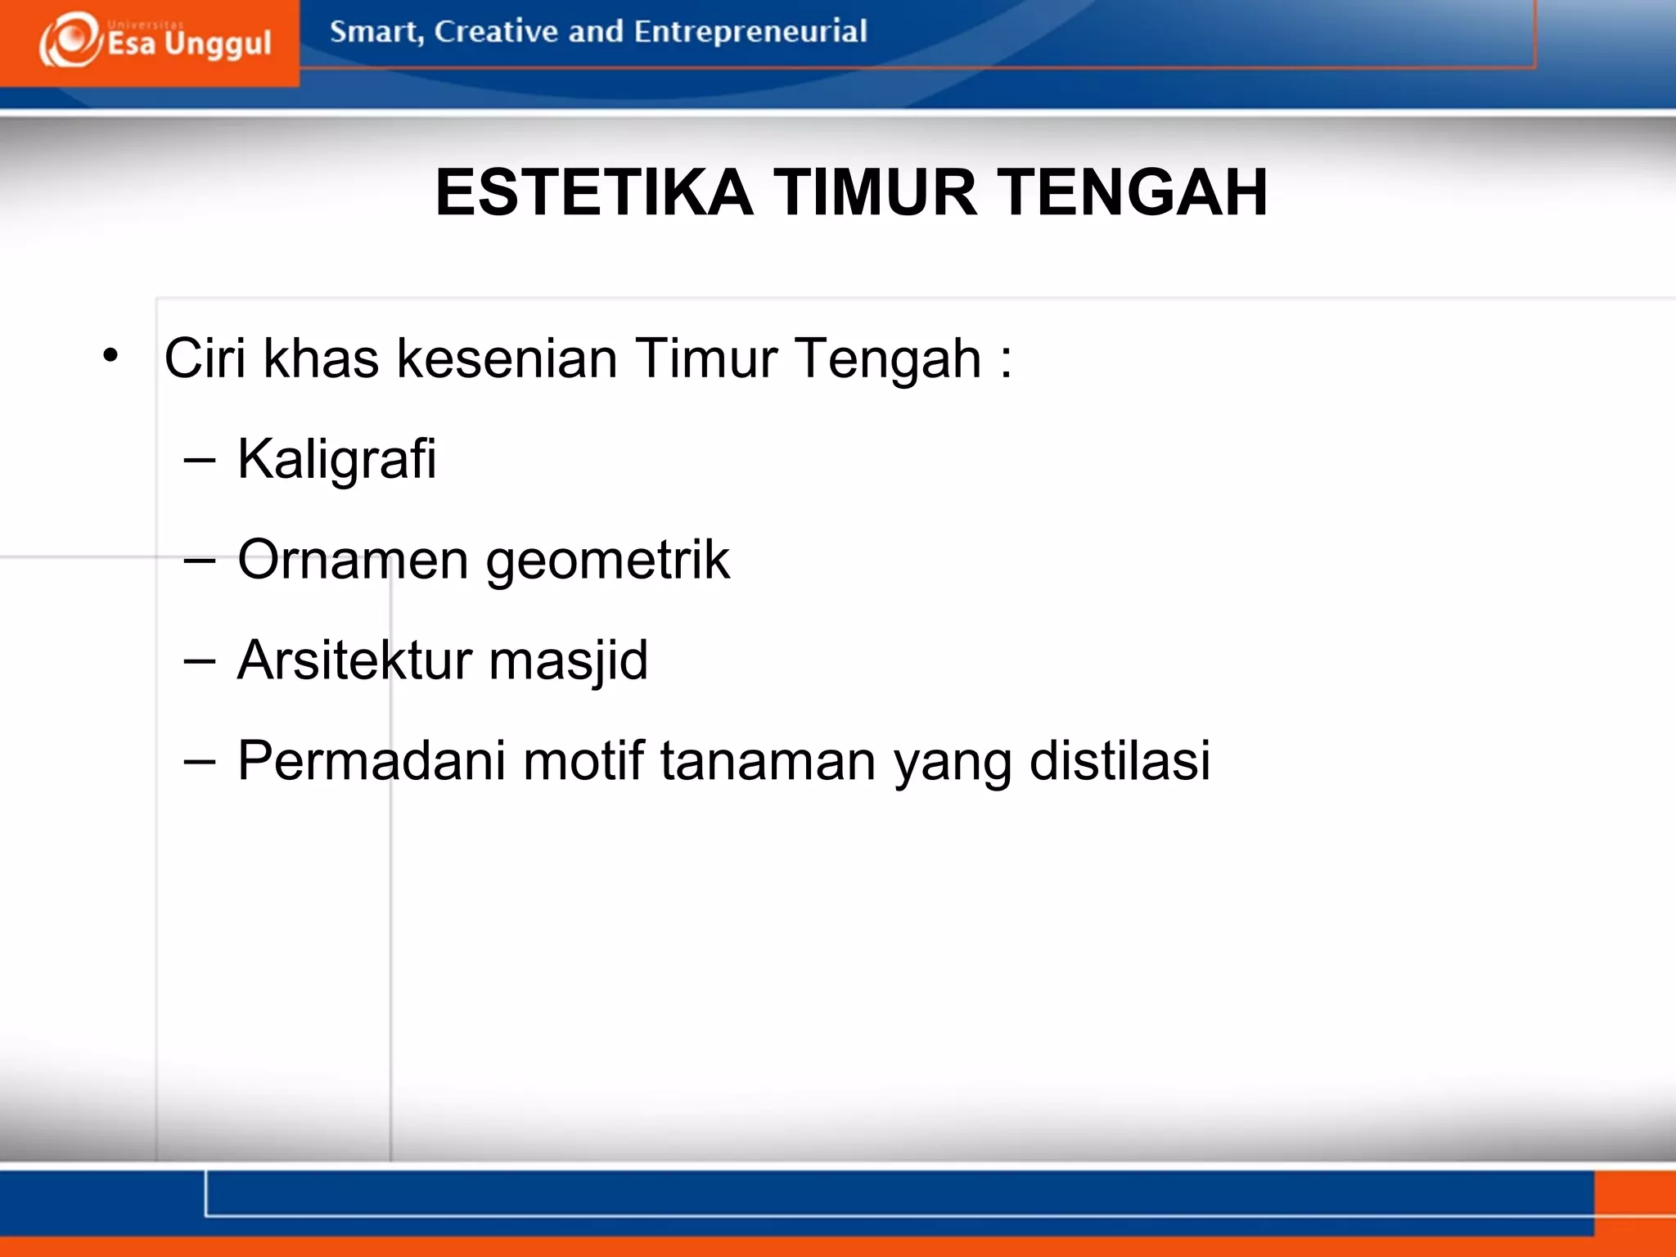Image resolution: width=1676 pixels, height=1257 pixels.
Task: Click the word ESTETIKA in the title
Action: [593, 193]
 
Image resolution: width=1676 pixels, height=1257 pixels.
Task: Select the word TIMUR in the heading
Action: [875, 193]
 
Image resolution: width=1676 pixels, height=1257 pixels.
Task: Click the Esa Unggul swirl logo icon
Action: [70, 40]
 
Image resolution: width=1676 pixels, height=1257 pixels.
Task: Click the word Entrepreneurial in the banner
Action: [750, 32]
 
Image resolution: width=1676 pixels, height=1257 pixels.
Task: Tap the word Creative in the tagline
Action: [496, 32]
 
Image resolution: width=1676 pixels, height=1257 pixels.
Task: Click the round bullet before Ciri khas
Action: [110, 356]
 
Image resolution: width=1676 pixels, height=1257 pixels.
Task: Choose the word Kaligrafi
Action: [336, 459]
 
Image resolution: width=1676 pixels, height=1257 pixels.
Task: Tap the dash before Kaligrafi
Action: [200, 461]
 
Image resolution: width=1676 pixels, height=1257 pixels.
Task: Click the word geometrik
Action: [607, 561]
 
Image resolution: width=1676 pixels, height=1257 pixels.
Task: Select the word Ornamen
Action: [353, 560]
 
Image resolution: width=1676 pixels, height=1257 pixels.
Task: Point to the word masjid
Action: [568, 661]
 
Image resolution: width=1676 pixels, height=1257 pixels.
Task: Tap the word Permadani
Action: [372, 761]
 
